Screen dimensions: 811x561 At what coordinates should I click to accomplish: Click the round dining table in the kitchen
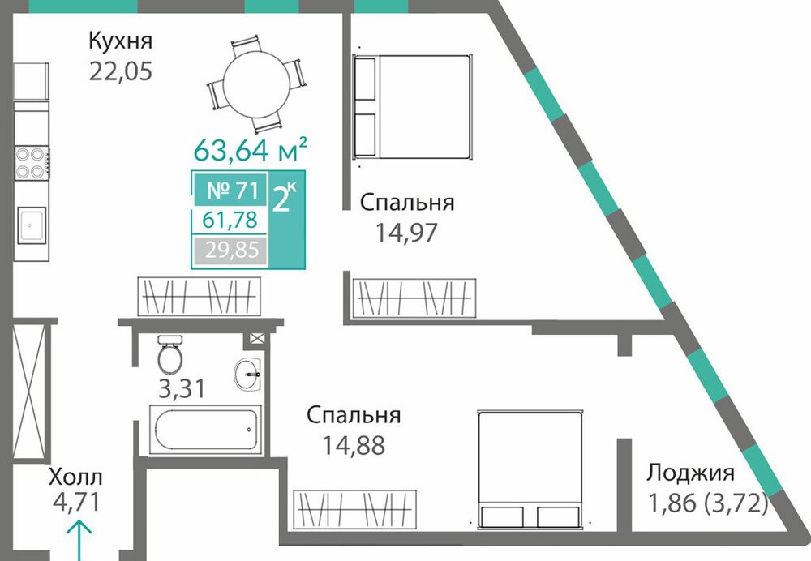coord(256,84)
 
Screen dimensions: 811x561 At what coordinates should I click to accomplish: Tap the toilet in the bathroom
coord(169,354)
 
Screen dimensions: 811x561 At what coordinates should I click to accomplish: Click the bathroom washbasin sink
coord(247,373)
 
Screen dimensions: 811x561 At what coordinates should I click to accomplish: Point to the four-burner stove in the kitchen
coord(32,162)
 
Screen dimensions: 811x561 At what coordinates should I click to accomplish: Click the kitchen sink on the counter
coord(31,225)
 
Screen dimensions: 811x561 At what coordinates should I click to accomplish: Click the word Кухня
coord(121,41)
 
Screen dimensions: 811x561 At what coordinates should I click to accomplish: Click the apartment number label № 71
coord(232,191)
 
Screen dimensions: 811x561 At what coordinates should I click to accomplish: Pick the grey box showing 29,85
coord(230,251)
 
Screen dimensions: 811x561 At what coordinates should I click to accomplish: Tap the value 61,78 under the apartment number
coord(230,220)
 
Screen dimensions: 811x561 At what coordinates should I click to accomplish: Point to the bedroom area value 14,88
coord(354,444)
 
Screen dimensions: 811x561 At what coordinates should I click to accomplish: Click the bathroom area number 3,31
coord(182,388)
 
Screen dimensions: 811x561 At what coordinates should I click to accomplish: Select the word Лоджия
coord(691,473)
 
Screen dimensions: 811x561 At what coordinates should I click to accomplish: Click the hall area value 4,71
coord(75,502)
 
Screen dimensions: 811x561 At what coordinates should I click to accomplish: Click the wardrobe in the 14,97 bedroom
coord(414,298)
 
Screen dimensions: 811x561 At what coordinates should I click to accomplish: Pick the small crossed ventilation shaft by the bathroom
coord(257,339)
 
